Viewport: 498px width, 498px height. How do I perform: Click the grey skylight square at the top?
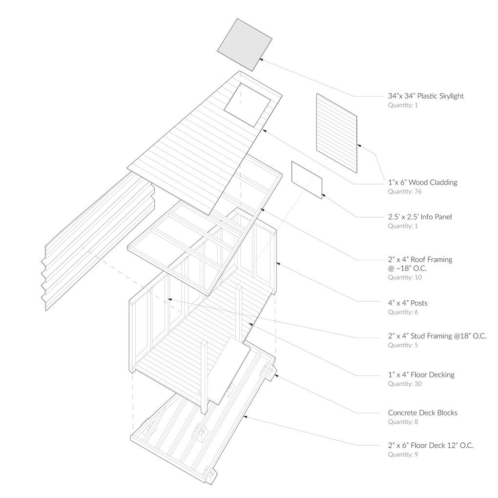point(244,44)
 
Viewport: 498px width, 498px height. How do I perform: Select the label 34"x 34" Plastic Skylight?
point(426,96)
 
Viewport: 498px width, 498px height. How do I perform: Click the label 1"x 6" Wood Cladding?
point(422,182)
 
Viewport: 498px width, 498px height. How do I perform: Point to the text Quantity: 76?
point(405,191)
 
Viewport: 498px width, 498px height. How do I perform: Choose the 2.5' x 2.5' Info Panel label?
point(419,216)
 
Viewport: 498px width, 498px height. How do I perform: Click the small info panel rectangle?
point(307,180)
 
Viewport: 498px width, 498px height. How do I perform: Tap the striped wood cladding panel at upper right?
point(336,132)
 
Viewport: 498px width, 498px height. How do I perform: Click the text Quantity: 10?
point(405,277)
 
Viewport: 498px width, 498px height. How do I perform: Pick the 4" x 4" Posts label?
point(408,303)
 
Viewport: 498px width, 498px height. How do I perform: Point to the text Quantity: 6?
point(403,312)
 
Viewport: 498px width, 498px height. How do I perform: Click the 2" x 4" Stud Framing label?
point(437,336)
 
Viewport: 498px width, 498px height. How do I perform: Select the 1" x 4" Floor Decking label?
point(421,374)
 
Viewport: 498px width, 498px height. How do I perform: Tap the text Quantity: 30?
point(405,384)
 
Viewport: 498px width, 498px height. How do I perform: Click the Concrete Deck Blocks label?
point(422,413)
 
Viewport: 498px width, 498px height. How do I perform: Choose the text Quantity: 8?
point(403,422)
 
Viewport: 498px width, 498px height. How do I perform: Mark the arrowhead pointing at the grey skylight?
point(261,59)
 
